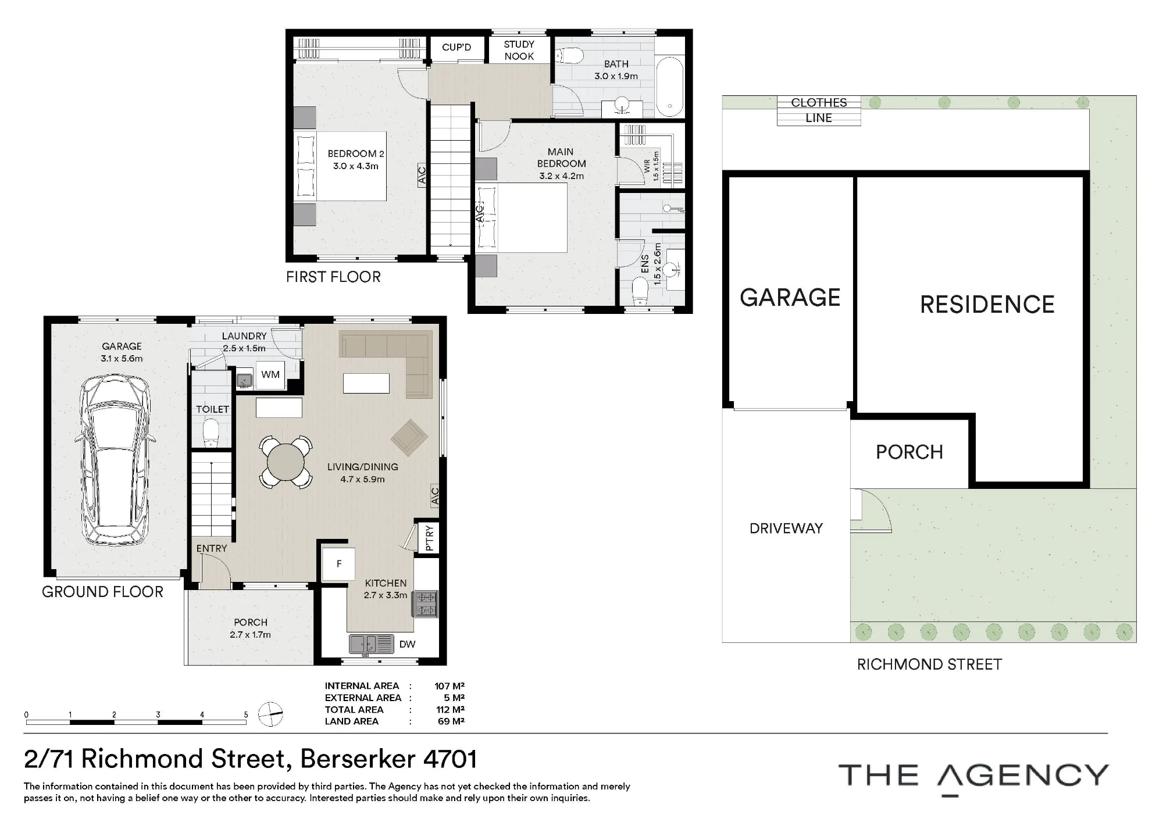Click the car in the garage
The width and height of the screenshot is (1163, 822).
coord(115,460)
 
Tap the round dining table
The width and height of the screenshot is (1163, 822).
coord(286,462)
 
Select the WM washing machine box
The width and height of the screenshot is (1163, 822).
coord(270,374)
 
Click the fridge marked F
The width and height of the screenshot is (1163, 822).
coord(339,564)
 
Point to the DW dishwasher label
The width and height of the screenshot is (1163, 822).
coord(407,644)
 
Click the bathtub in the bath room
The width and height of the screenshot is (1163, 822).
coord(670,87)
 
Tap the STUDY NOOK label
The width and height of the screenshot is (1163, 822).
coord(519,50)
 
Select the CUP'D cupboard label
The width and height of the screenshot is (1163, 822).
coord(456,47)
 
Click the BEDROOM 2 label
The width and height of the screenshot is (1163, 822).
coord(355,153)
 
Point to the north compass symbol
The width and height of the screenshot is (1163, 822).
coord(270,714)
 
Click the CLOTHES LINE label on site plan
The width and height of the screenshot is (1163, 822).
coord(819,110)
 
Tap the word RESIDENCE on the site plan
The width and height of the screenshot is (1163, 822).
coord(987,305)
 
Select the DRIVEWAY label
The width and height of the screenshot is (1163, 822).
coord(786,528)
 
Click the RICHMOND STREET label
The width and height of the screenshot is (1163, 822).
coord(929,664)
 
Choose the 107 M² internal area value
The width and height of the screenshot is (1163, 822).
coord(449,686)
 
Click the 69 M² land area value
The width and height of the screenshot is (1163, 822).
coord(451,721)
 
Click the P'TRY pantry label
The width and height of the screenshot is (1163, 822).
coord(429,538)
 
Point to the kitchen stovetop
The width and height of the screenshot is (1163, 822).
coord(425,603)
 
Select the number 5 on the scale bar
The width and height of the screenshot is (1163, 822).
coord(246,714)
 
